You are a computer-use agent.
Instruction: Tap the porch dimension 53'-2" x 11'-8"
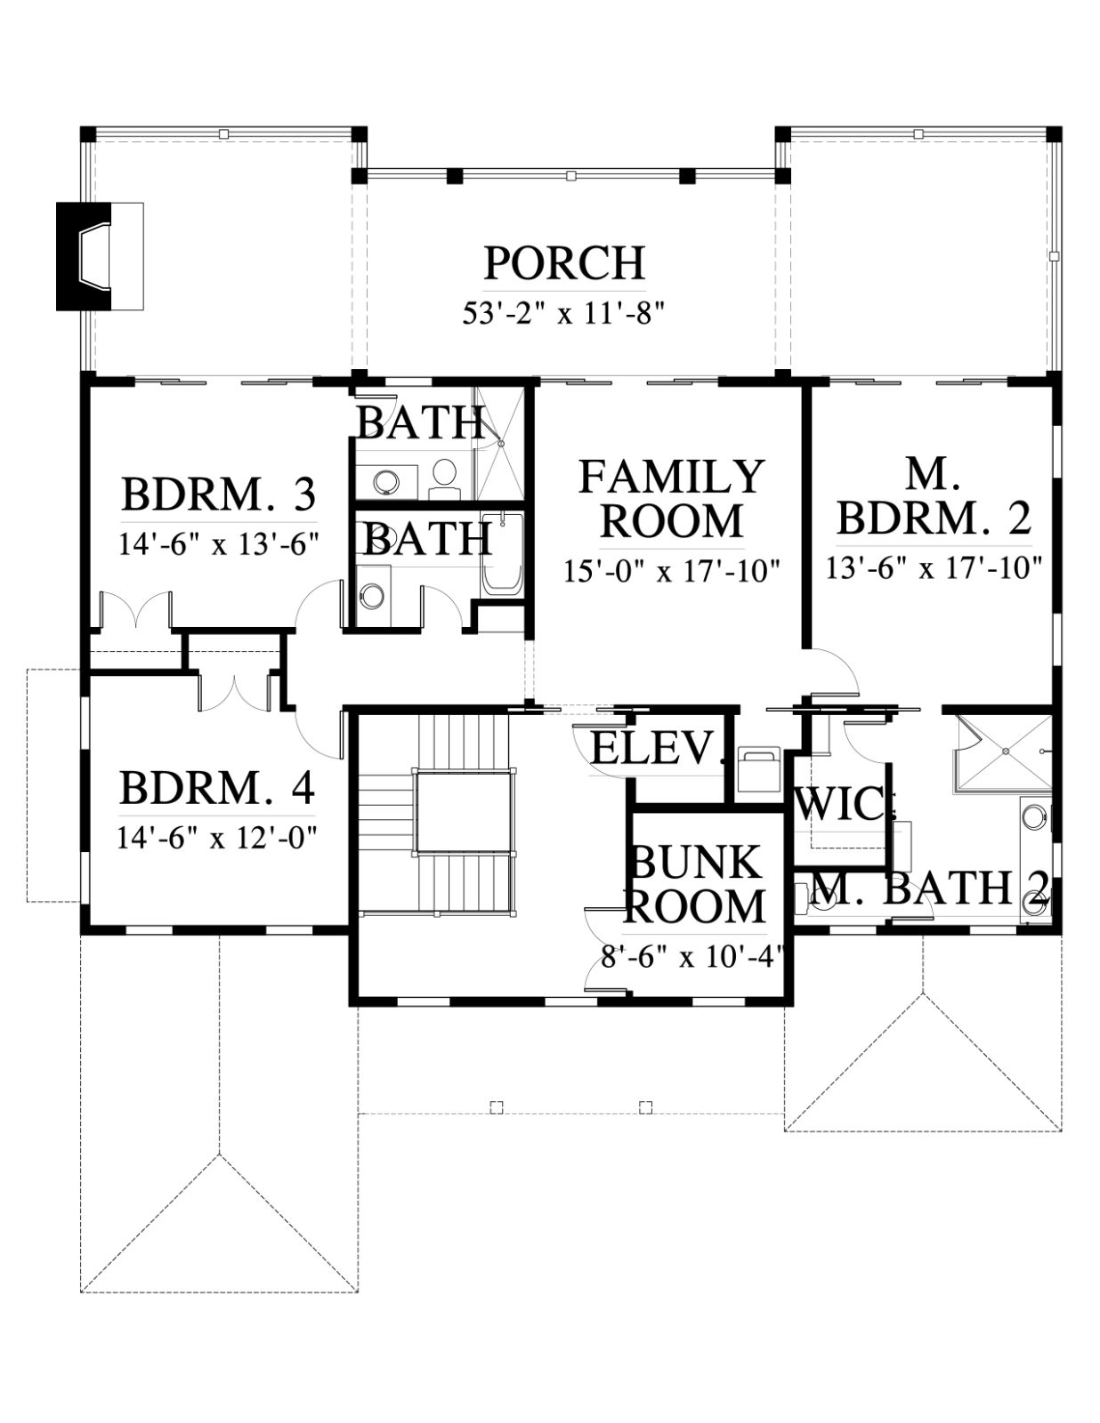(x=564, y=314)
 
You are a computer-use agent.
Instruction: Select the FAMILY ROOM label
(x=672, y=498)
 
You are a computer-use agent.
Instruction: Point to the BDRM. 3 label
(x=219, y=494)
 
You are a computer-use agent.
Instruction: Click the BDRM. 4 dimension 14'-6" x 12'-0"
(x=217, y=838)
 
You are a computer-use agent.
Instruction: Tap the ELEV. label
(x=658, y=748)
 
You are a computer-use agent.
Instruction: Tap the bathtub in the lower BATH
(x=503, y=555)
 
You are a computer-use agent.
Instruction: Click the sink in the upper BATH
(x=385, y=481)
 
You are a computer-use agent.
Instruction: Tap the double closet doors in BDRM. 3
(x=135, y=611)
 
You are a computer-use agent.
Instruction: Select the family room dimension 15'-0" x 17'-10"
(x=672, y=572)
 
